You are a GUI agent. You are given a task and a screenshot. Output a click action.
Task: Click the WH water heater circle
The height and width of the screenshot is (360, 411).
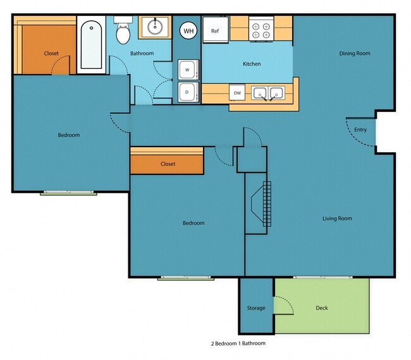pyautogui.click(x=188, y=30)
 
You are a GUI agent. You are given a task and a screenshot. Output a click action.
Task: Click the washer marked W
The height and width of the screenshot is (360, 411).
pyautogui.click(x=187, y=70)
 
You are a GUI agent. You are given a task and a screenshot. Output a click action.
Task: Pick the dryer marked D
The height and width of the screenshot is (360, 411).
pyautogui.click(x=187, y=92)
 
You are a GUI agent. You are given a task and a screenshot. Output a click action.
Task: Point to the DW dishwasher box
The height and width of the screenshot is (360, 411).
pyautogui.click(x=238, y=93)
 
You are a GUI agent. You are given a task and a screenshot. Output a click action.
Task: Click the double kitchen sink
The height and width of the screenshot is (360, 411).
pyautogui.click(x=268, y=93)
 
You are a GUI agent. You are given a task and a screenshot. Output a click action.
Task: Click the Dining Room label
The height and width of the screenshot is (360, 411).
pyautogui.click(x=354, y=54)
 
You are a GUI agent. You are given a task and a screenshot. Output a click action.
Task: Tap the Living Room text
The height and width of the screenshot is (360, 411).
pyautogui.click(x=337, y=219)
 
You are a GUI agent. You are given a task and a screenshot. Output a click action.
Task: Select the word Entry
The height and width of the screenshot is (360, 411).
pyautogui.click(x=360, y=130)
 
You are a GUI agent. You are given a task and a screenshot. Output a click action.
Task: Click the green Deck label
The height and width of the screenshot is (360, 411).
pyautogui.click(x=322, y=308)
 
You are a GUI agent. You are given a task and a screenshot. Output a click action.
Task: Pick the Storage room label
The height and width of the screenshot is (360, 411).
pyautogui.click(x=256, y=308)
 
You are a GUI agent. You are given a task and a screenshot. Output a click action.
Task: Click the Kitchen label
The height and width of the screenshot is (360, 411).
pyautogui.click(x=252, y=64)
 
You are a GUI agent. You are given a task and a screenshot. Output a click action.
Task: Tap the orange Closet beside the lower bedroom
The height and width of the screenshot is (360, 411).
pyautogui.click(x=168, y=164)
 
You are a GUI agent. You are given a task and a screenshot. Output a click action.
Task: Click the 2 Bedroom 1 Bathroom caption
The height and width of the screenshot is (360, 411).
pyautogui.click(x=238, y=344)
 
